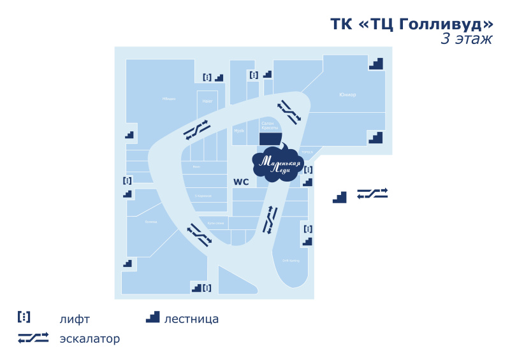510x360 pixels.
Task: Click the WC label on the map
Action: (x=241, y=182)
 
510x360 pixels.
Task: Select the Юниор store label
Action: (x=347, y=95)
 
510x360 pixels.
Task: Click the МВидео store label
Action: (x=169, y=99)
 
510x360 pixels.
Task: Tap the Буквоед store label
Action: (x=151, y=222)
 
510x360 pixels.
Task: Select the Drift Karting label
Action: (x=291, y=260)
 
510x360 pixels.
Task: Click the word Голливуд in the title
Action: (x=446, y=24)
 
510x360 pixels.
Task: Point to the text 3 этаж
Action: (x=467, y=40)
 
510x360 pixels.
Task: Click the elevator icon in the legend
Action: (x=24, y=317)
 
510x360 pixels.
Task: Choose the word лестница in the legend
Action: (x=191, y=319)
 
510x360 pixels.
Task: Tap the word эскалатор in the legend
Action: (x=90, y=339)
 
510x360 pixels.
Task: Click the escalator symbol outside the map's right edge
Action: (x=372, y=193)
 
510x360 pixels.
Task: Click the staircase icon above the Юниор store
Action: (x=376, y=63)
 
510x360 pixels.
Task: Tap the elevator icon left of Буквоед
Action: (x=127, y=181)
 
